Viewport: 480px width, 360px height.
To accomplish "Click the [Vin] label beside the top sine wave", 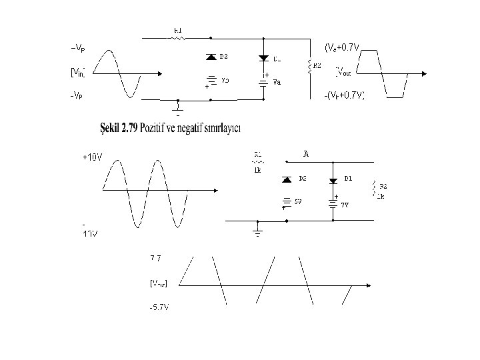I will tap(79, 71).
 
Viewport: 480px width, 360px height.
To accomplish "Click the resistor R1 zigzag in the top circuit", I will tap(178, 38).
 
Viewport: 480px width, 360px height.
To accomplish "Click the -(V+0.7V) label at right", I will tap(344, 95).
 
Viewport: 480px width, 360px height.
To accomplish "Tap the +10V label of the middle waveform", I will tap(92, 157).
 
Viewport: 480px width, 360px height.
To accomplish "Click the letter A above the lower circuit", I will tap(306, 155).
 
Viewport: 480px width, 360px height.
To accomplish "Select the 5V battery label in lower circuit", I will tap(299, 201).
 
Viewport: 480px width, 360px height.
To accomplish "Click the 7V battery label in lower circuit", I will tap(345, 205).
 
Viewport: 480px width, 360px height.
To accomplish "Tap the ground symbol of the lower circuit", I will tap(258, 231).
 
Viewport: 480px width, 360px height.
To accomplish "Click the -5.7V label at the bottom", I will tap(159, 307).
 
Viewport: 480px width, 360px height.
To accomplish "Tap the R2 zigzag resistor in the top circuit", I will tap(309, 66).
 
